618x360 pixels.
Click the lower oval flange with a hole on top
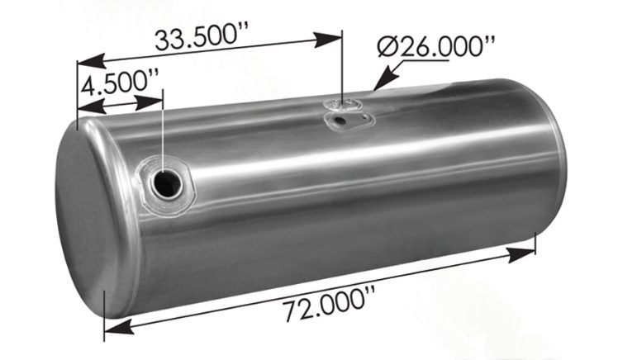coord(347,121)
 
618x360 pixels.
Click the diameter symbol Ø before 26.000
coord(389,47)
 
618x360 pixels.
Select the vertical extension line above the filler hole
coord(164,132)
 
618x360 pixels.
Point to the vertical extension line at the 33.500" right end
coord(341,66)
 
